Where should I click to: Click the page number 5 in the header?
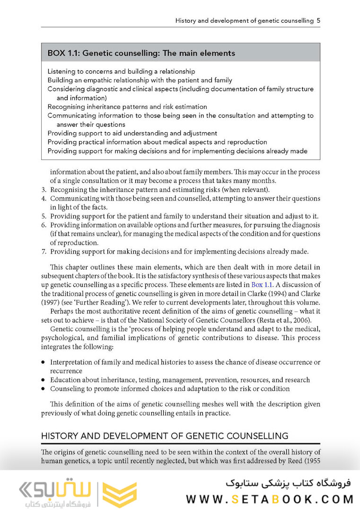pyautogui.click(x=319, y=21)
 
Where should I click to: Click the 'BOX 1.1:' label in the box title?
pyautogui.click(x=64, y=53)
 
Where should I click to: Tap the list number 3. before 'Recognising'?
pyautogui.click(x=44, y=190)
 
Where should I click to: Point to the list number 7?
pyautogui.click(x=44, y=251)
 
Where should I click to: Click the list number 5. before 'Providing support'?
pyautogui.click(x=44, y=216)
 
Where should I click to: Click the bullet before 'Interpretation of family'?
pyautogui.click(x=43, y=363)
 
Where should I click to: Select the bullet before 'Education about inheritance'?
pyautogui.click(x=43, y=380)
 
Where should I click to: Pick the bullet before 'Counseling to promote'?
pyautogui.click(x=43, y=389)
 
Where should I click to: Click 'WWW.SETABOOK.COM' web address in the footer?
pyautogui.click(x=270, y=499)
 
